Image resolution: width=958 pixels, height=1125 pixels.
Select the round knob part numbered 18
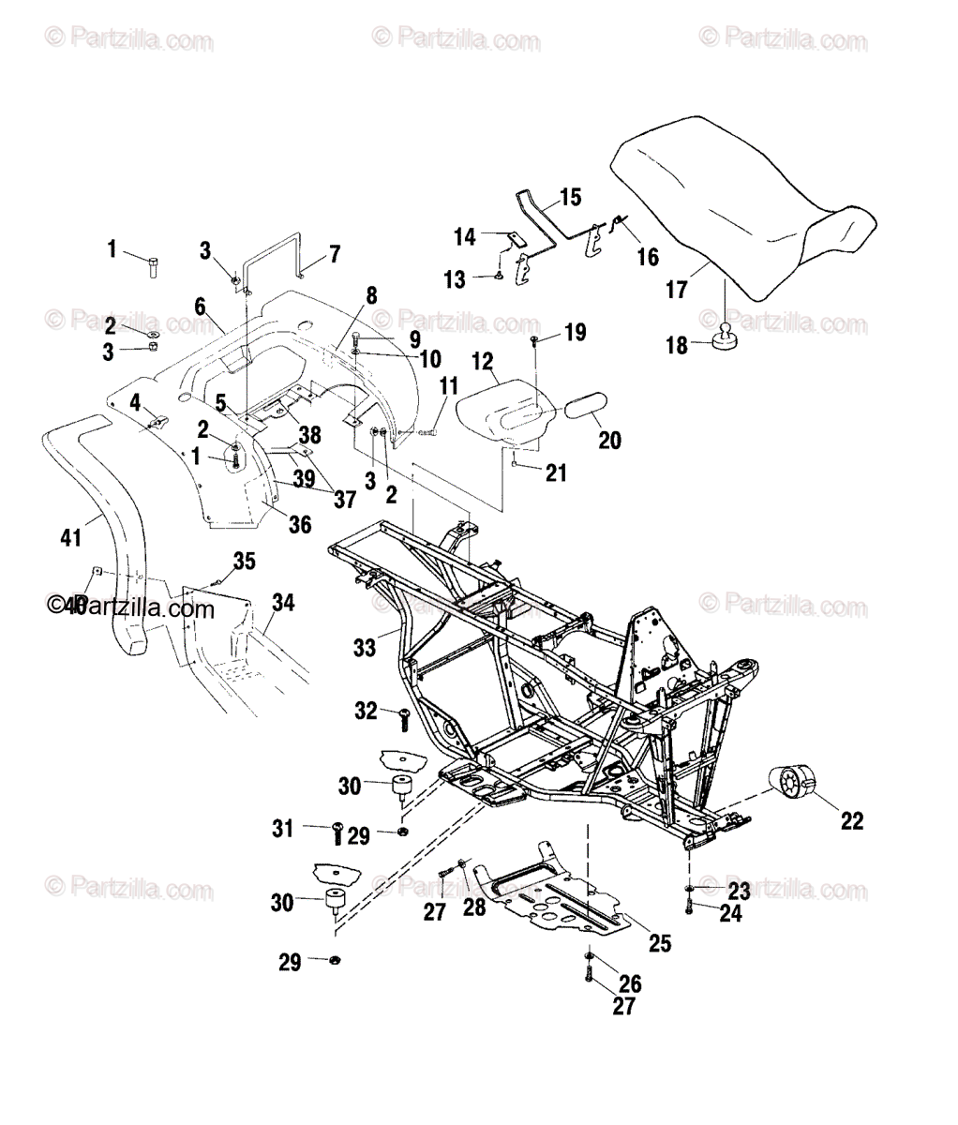point(726,339)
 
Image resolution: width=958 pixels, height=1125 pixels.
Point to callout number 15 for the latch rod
point(570,197)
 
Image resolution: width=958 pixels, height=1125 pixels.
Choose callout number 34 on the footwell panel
point(282,603)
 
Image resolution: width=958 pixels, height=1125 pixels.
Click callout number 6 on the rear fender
point(200,306)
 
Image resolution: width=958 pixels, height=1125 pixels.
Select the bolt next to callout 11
point(427,432)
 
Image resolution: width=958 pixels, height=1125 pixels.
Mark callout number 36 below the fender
point(299,525)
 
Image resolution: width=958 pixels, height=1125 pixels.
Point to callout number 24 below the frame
point(730,913)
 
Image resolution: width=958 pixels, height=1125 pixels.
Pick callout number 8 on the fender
point(371,295)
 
